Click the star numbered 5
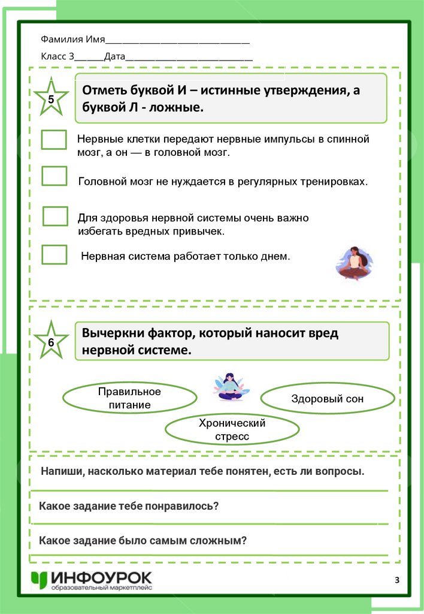point(50,100)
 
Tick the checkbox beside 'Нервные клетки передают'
point(54,140)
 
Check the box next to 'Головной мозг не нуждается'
point(54,176)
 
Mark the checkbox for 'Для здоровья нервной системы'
point(55,216)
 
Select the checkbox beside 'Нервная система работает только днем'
point(54,254)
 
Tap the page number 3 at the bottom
point(397,579)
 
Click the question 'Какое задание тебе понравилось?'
point(129,505)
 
